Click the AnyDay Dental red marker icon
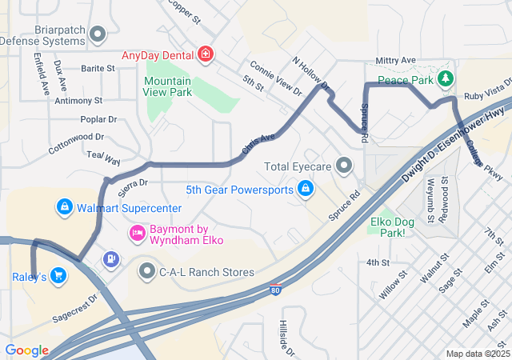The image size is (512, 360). click(x=206, y=54)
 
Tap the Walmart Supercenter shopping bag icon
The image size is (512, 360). click(x=64, y=208)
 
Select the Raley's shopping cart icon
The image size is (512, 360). click(x=58, y=276)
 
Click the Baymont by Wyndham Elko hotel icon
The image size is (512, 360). click(x=137, y=234)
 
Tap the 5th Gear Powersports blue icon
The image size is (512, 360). click(x=304, y=190)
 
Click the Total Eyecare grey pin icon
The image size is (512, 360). click(x=345, y=167)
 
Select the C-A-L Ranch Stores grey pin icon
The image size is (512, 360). click(x=146, y=272)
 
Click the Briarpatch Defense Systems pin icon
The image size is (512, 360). click(x=98, y=34)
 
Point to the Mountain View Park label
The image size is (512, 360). click(x=168, y=86)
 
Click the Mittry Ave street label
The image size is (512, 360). click(x=396, y=61)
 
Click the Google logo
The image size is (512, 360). click(x=26, y=350)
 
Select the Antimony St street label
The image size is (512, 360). click(x=78, y=102)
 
